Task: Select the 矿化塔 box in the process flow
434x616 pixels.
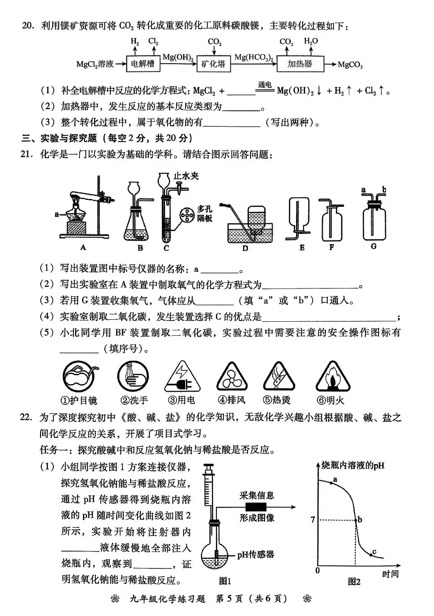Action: (214, 64)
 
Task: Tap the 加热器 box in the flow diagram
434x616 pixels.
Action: (300, 64)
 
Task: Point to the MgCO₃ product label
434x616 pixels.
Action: (350, 65)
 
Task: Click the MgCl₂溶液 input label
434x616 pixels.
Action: (95, 64)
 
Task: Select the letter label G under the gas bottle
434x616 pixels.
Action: (373, 247)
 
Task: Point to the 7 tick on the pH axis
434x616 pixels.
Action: (313, 520)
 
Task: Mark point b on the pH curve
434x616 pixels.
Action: (356, 520)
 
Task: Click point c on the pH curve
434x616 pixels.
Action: (371, 555)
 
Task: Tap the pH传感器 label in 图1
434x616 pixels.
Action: (255, 555)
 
